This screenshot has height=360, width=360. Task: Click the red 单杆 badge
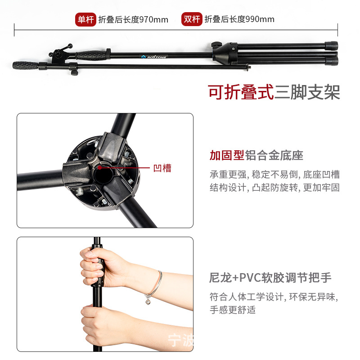(x=85, y=19)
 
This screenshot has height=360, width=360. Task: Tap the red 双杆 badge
(x=192, y=19)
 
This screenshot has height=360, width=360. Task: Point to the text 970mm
(x=154, y=20)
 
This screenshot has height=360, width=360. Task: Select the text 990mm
(x=260, y=19)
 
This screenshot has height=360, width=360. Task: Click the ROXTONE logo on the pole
(x=154, y=57)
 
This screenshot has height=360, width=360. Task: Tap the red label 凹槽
(x=162, y=168)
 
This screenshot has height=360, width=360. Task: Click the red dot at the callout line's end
(x=99, y=167)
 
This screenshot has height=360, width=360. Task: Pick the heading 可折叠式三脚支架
(x=274, y=92)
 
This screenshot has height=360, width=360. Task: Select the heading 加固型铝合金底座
(x=256, y=155)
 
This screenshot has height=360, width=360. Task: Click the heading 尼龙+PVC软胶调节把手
(x=270, y=278)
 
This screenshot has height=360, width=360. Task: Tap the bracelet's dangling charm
(x=148, y=301)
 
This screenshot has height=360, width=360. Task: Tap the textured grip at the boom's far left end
(x=26, y=65)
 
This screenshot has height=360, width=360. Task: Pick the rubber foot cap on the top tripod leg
(x=331, y=46)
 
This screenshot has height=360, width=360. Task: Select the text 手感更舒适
(x=233, y=310)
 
